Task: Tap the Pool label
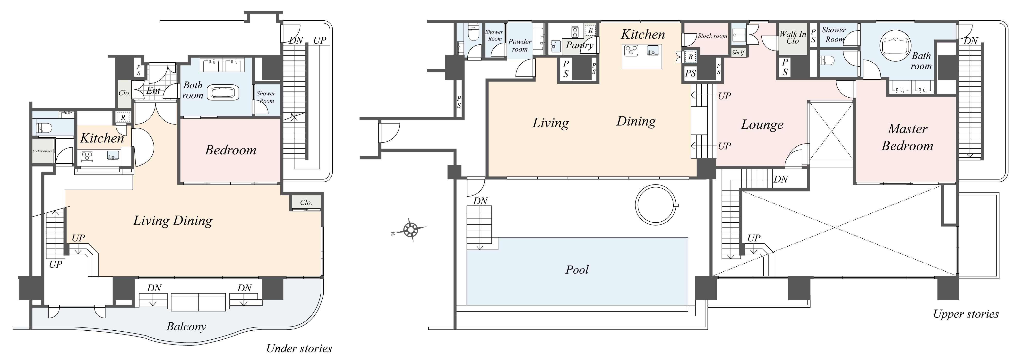pos(577,270)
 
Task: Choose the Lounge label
pos(762,125)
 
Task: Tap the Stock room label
pos(712,36)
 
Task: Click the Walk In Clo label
pos(793,37)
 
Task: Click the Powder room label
pos(520,45)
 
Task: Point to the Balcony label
pos(186,327)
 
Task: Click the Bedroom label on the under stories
pos(231,150)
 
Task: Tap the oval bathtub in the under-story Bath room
pos(225,93)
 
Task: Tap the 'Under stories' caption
pos(299,349)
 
